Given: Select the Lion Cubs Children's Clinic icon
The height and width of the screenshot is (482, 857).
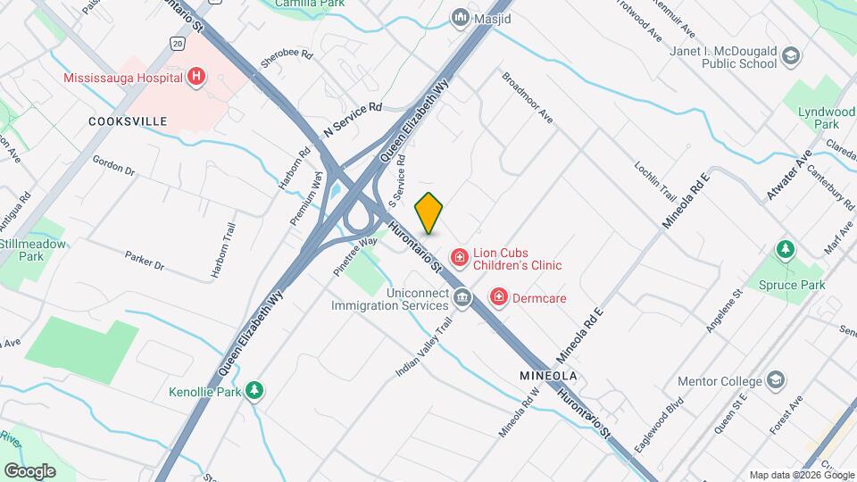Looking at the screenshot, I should [460, 258].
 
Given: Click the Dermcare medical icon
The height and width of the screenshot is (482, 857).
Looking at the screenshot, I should [499, 296].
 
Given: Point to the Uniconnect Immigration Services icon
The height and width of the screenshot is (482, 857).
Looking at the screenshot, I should [462, 297].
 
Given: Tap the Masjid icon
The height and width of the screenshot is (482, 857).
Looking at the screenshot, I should [460, 17].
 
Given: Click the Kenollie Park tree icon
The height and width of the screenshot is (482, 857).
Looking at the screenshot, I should [255, 390].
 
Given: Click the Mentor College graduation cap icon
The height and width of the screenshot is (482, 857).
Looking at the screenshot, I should [777, 381].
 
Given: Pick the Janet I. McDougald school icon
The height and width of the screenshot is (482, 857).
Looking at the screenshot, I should [790, 57].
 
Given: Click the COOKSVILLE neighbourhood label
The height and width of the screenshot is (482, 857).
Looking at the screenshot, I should [129, 120].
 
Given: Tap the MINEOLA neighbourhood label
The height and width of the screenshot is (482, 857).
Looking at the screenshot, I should [548, 376].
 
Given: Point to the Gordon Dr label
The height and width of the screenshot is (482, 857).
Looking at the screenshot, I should [113, 165].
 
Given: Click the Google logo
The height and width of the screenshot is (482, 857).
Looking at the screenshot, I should [29, 470].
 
